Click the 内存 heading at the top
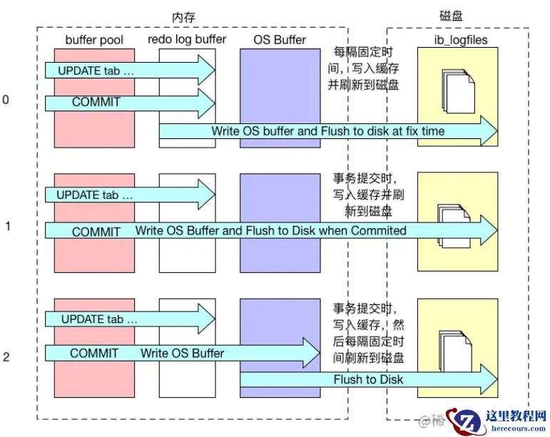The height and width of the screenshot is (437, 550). (x=183, y=16)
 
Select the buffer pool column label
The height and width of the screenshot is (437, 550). (x=93, y=40)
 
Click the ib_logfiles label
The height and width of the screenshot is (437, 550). (x=461, y=40)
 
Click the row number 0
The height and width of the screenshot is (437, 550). (x=6, y=100)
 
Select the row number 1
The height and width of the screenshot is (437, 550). (x=7, y=227)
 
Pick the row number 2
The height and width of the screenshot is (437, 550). (x=6, y=356)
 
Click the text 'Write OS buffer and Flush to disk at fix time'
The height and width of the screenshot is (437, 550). (x=327, y=131)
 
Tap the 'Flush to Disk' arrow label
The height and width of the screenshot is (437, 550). (x=367, y=379)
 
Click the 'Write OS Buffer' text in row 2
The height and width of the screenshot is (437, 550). (x=182, y=353)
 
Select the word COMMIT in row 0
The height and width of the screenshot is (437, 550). (x=96, y=102)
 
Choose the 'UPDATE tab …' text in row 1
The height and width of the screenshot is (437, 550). (x=94, y=195)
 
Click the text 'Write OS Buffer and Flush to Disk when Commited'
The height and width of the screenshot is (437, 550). (x=270, y=230)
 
